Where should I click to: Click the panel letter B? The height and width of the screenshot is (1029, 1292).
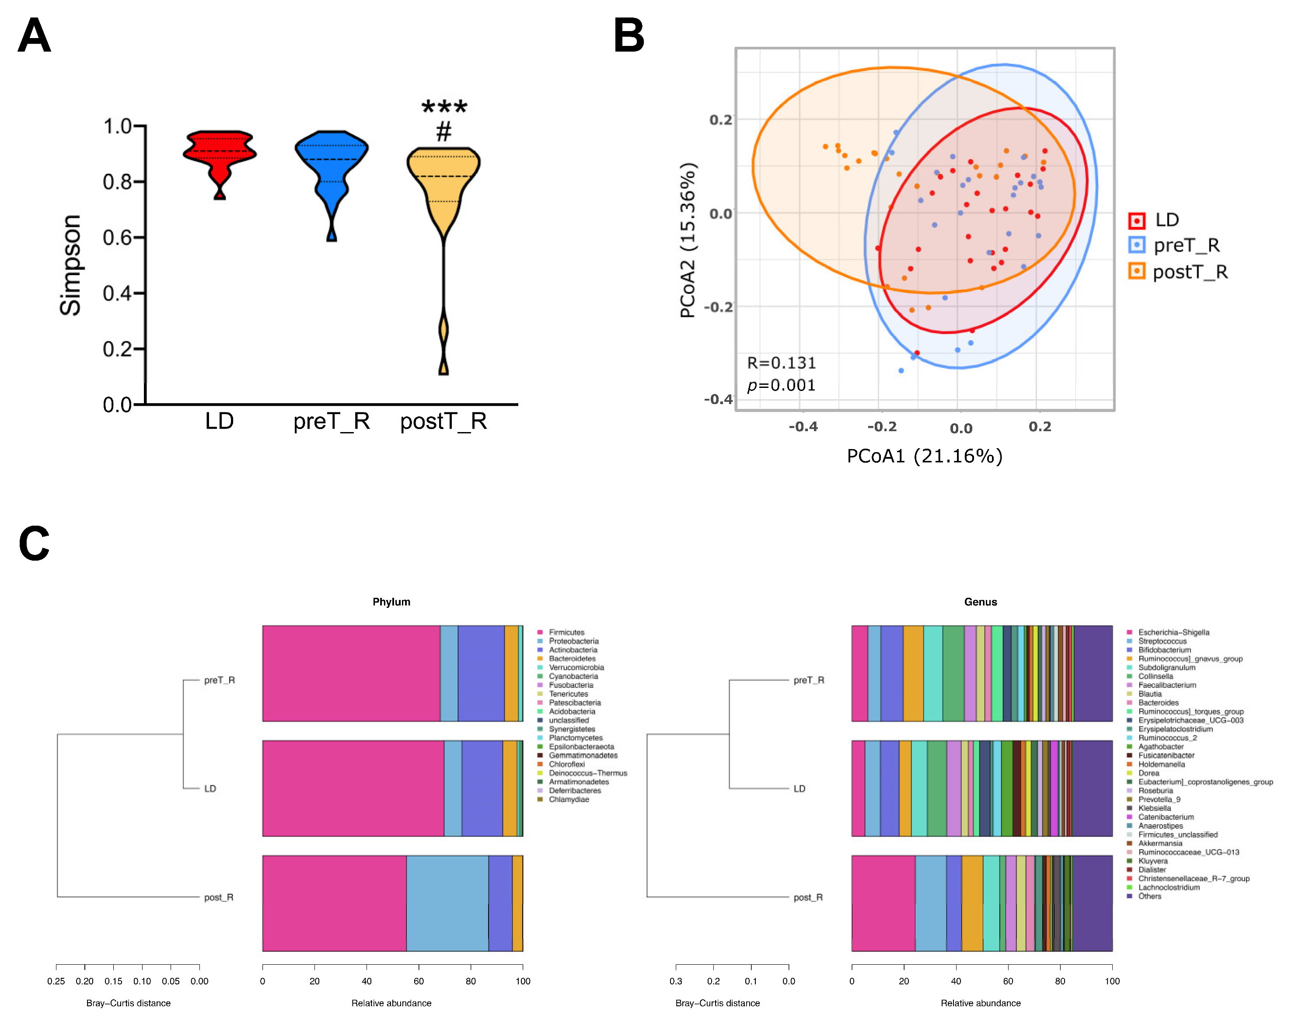[x=629, y=35]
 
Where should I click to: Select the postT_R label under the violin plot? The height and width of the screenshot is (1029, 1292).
[x=443, y=421]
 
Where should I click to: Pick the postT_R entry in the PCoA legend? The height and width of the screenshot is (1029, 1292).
[x=1190, y=272]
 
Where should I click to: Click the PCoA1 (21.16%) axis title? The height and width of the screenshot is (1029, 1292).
[x=924, y=457]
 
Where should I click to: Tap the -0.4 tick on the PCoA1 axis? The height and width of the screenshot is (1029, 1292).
[x=803, y=427]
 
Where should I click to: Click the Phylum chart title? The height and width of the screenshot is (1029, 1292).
[x=391, y=602]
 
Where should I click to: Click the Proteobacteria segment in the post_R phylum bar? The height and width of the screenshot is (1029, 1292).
[x=447, y=903]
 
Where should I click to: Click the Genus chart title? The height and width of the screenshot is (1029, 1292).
[x=981, y=602]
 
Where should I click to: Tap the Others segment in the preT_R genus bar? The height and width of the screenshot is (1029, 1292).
[x=1093, y=673]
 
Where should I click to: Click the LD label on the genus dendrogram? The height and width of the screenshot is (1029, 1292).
[x=800, y=788]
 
